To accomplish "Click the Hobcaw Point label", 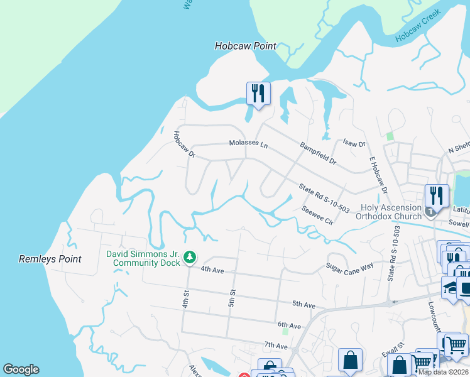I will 246,46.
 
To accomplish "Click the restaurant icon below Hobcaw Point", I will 258,94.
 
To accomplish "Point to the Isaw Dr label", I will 354,144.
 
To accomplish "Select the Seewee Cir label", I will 316,214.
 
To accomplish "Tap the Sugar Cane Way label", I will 349,268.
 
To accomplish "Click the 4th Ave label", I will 212,269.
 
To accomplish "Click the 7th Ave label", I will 275,346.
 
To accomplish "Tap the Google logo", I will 21,369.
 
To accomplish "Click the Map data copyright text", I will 443,372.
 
